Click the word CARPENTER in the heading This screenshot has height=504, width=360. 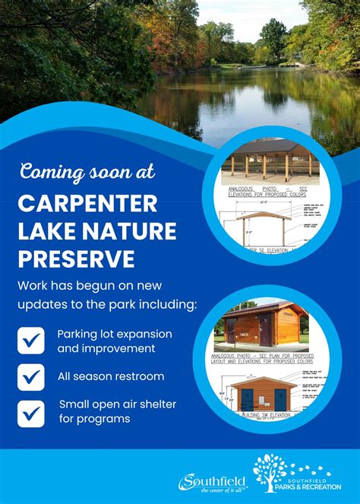(87, 204)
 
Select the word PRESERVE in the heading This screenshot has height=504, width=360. (76, 258)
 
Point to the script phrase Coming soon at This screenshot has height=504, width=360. (87, 171)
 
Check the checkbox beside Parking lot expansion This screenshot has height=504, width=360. (30, 341)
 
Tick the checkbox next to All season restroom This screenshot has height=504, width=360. (30, 376)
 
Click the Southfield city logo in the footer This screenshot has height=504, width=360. (213, 482)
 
